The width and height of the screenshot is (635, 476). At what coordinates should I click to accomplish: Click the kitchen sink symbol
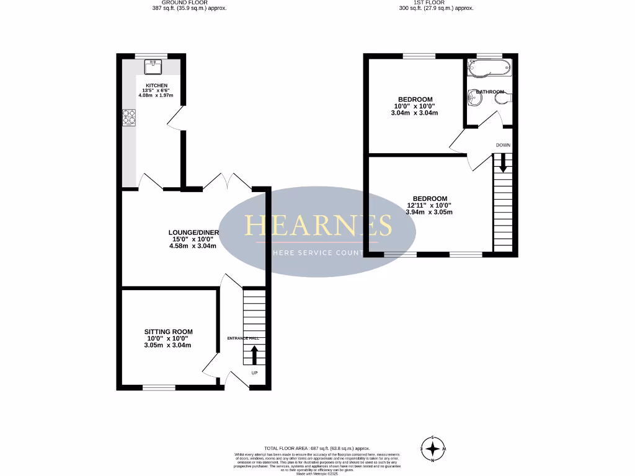click(153, 66)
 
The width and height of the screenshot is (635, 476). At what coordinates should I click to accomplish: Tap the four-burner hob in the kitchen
click(130, 117)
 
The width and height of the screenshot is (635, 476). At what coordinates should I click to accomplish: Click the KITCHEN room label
click(156, 86)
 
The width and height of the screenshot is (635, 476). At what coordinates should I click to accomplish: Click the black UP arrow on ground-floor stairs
click(254, 355)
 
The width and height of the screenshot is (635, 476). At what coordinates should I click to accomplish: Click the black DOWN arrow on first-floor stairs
click(503, 162)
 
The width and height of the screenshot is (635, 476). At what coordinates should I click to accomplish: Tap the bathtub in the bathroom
click(489, 68)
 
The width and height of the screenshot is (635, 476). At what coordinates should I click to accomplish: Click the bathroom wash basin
click(475, 97)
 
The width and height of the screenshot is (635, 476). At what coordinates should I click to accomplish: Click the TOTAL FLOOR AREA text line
click(317, 448)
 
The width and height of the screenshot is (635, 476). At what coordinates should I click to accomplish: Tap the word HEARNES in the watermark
click(319, 226)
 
